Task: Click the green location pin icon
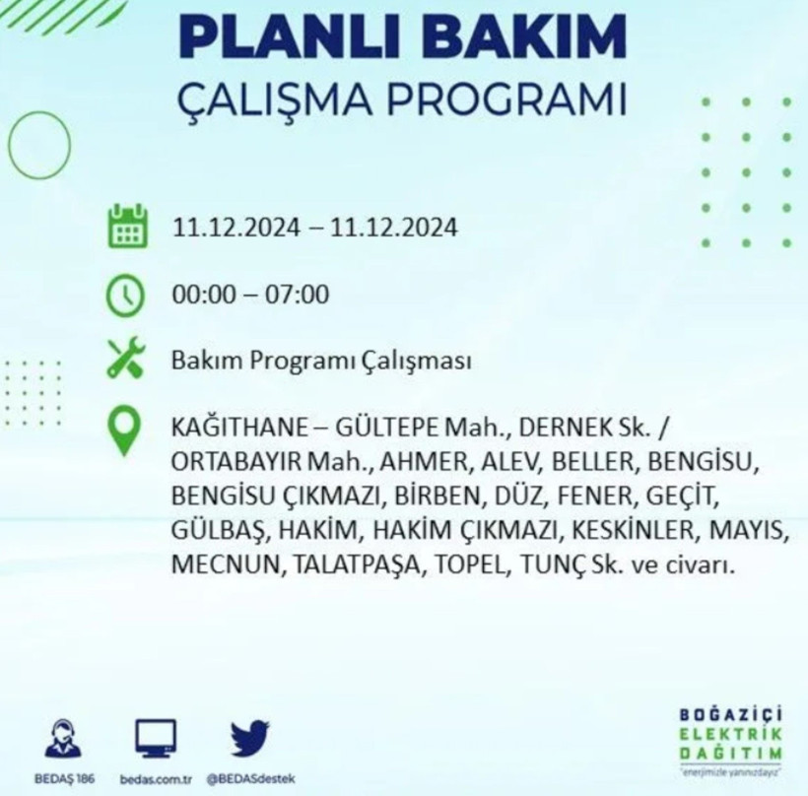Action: (125, 432)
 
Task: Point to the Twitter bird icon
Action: (249, 736)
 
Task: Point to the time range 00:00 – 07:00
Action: (250, 295)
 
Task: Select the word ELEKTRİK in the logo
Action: (730, 734)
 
